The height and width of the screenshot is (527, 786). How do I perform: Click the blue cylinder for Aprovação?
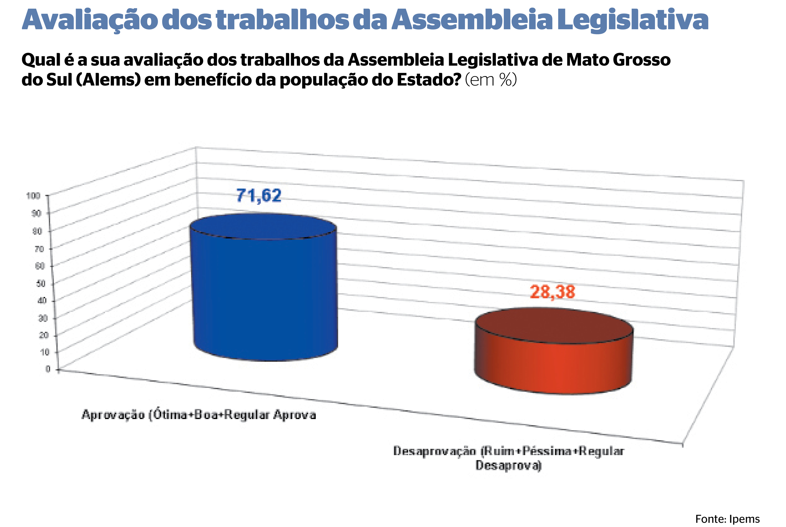click(x=265, y=292)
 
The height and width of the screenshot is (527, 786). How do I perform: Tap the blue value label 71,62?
click(x=259, y=196)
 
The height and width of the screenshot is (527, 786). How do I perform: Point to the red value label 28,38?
click(x=552, y=292)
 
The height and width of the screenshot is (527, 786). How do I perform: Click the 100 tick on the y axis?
click(x=33, y=196)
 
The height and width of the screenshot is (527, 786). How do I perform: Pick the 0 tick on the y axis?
click(x=48, y=369)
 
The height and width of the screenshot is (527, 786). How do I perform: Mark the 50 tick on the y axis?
click(x=41, y=283)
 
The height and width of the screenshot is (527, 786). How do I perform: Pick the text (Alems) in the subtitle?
click(x=108, y=80)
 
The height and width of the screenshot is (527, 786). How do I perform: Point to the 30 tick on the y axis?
click(x=43, y=318)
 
